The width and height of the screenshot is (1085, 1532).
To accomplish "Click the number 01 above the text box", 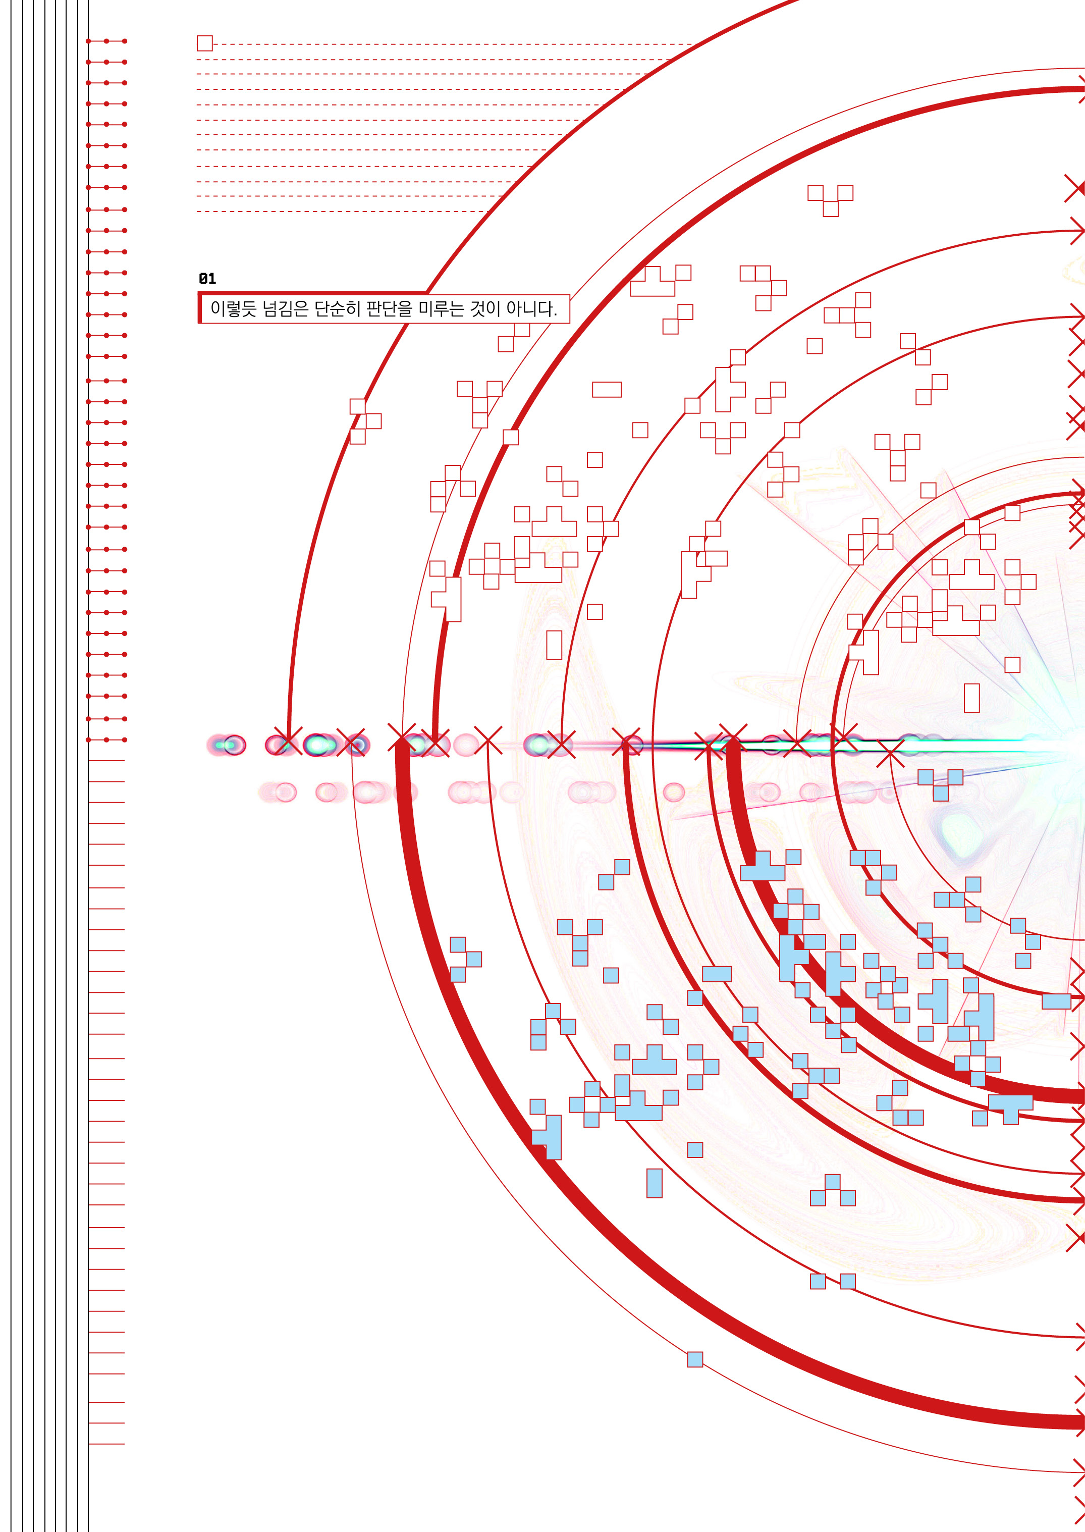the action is (x=207, y=279).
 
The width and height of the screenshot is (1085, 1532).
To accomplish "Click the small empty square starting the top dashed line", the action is (x=205, y=43).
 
